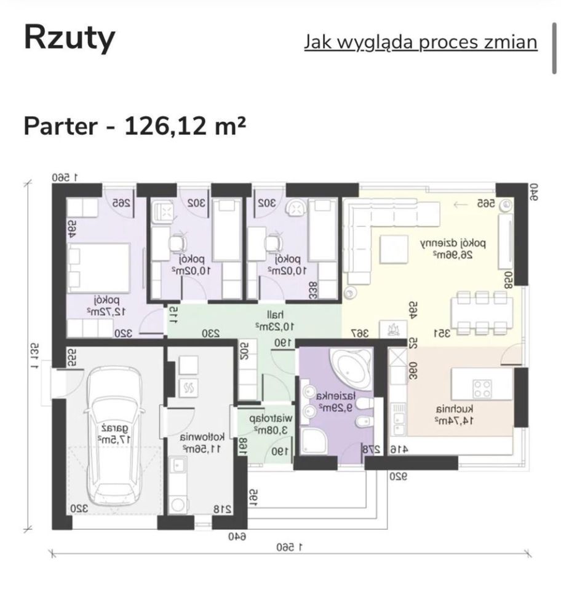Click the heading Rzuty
point(70,38)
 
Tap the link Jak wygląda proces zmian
point(421,42)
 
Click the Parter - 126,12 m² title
point(135,125)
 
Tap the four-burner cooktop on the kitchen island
point(482,388)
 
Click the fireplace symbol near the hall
point(391,329)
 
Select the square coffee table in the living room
point(393,250)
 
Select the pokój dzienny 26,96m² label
point(453,248)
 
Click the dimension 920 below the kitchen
point(399,475)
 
